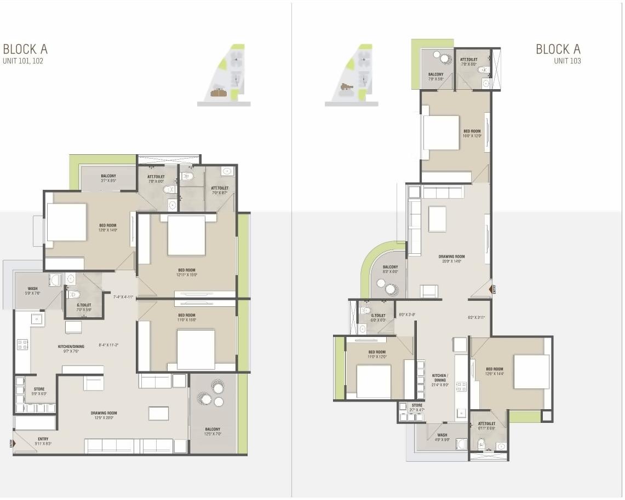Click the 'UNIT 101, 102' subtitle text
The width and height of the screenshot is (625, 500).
[23, 61]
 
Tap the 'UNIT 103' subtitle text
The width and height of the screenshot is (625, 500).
[567, 61]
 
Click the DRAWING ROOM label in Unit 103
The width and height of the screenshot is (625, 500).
[451, 259]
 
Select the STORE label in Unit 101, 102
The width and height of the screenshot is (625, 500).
[39, 391]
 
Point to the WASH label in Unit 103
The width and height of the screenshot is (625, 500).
[442, 438]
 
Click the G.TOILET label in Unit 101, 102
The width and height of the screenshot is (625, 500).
[84, 307]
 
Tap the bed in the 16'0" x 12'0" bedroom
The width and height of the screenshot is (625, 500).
[440, 132]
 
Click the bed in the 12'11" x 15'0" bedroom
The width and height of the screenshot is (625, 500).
[186, 236]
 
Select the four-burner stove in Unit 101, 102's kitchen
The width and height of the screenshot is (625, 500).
[23, 345]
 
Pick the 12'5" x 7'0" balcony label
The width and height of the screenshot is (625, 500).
[213, 432]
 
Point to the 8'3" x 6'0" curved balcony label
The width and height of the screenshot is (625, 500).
[390, 269]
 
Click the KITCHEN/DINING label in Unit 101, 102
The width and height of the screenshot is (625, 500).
[71, 348]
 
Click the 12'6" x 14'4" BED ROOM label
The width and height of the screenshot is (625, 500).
[494, 371]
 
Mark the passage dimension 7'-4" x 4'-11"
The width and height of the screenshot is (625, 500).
[123, 297]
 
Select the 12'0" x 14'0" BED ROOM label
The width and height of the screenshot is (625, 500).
[107, 228]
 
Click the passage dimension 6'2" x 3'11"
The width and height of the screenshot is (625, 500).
[477, 318]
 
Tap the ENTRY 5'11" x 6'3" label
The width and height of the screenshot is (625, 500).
[43, 441]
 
